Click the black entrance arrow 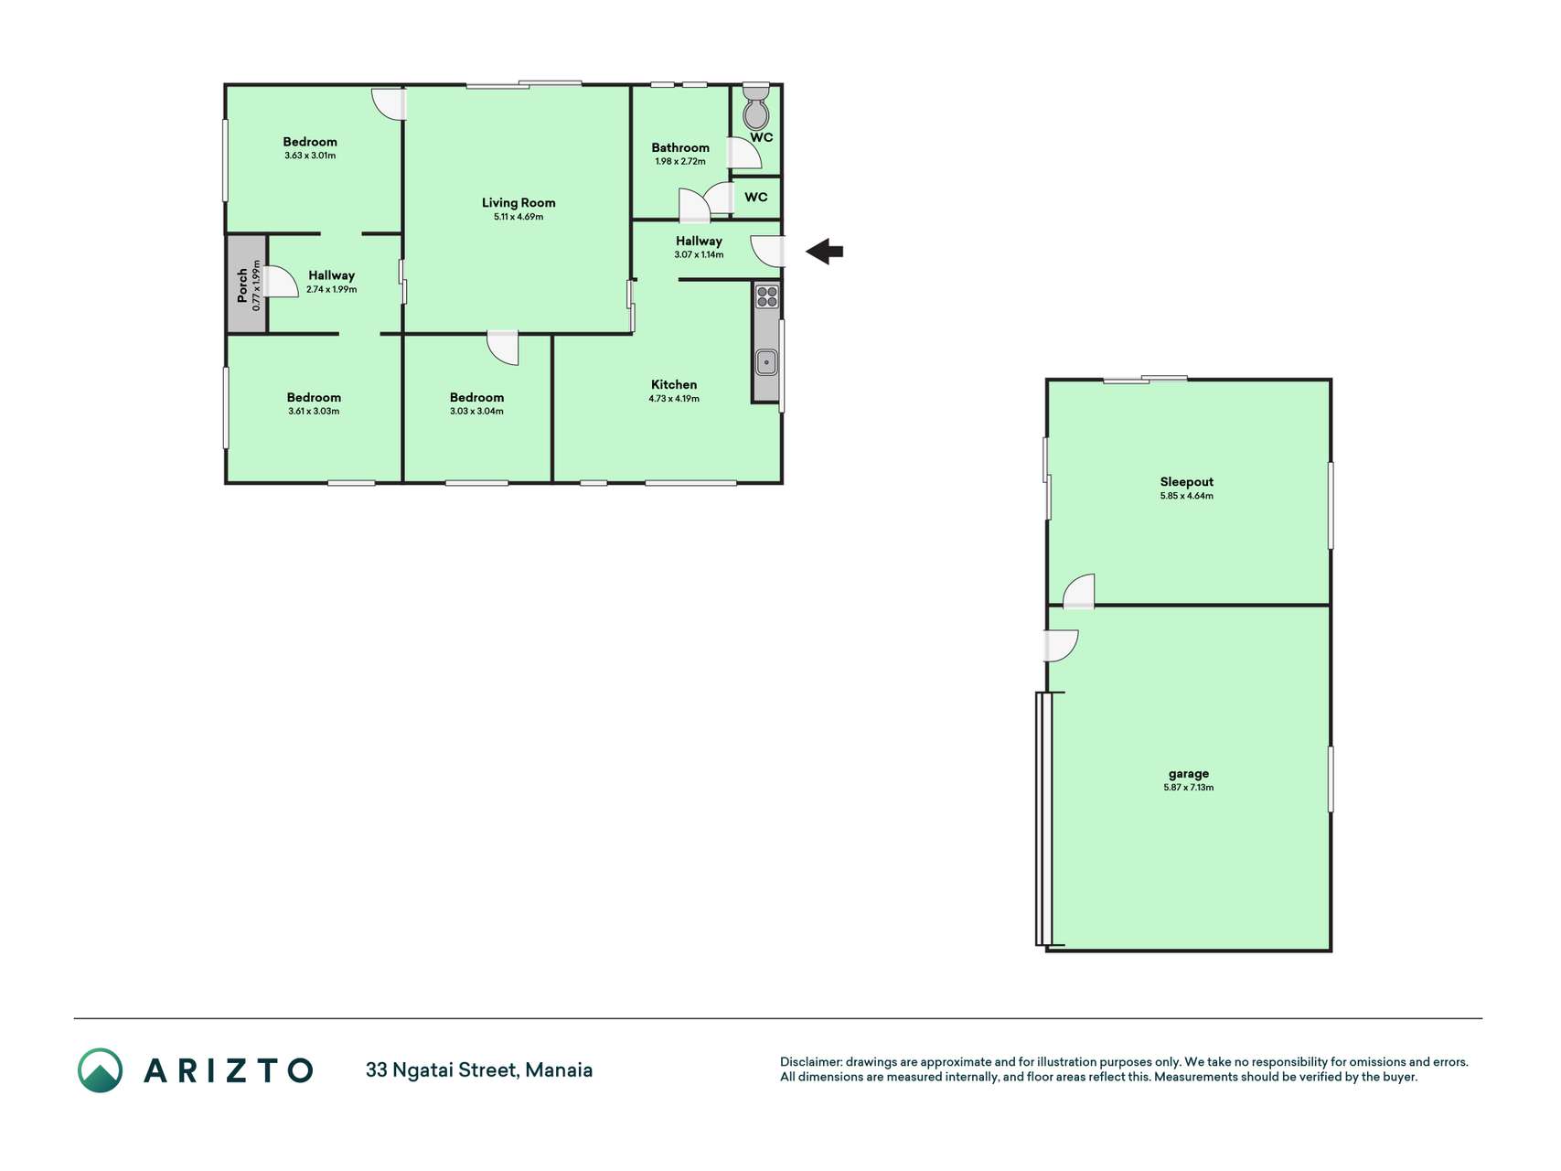(824, 252)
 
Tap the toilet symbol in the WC (756, 107)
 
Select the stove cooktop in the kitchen (766, 296)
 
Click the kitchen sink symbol (766, 362)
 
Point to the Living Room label (519, 203)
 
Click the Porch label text (242, 285)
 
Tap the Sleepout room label (1187, 482)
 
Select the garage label (1189, 774)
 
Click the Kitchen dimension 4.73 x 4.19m (674, 399)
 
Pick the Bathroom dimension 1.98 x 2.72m (680, 162)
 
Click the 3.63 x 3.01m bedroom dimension (310, 156)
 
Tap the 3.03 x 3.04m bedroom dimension (476, 412)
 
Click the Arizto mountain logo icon (100, 1070)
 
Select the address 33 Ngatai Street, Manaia (479, 1070)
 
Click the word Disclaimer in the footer (810, 1062)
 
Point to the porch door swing (282, 282)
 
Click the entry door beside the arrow (768, 251)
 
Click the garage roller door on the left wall (1044, 819)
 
